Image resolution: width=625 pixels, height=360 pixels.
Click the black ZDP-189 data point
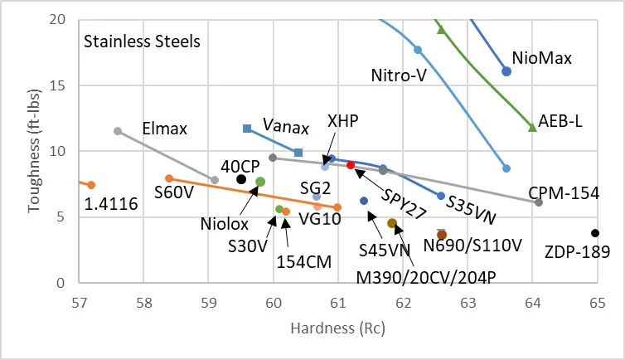tap(595, 233)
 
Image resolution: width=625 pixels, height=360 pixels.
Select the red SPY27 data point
tap(351, 166)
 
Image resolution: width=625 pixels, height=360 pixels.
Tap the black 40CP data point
tap(241, 179)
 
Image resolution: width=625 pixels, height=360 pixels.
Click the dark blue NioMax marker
tap(506, 71)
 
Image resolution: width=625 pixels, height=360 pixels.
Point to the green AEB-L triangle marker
tap(532, 127)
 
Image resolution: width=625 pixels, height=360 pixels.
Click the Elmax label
tap(165, 129)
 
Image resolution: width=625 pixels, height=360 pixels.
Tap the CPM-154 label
tap(563, 192)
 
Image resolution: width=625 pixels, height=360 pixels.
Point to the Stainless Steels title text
tap(142, 41)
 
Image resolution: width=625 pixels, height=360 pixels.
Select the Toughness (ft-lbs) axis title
tap(34, 152)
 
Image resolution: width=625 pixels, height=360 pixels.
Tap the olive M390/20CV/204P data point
tap(392, 223)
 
